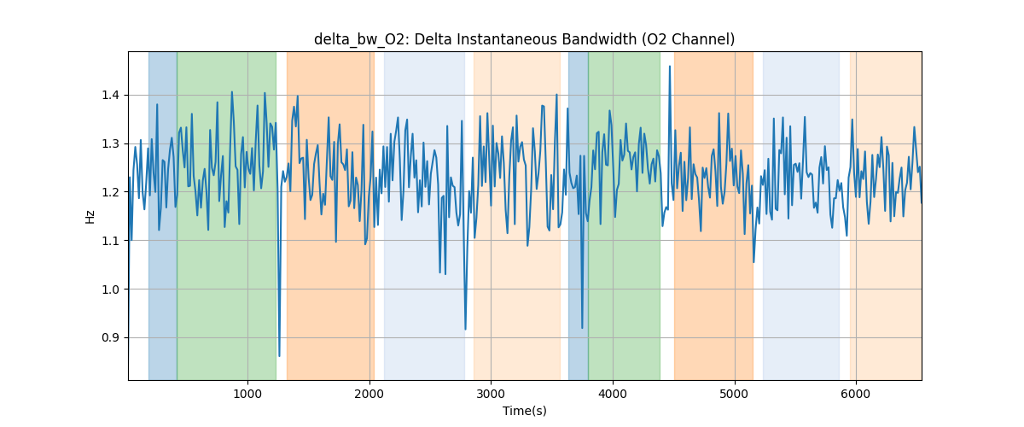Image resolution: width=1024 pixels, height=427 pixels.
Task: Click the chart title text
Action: coord(524,39)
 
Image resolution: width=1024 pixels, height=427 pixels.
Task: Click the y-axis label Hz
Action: coord(90,216)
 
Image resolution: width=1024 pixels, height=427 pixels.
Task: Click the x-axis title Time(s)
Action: coord(524,411)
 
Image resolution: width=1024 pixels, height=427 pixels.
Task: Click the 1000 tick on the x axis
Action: coord(247,393)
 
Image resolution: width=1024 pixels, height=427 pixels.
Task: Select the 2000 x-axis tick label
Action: coord(369,393)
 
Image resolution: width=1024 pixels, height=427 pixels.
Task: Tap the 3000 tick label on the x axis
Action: coord(491,393)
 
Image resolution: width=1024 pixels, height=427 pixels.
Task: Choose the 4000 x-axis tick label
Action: coord(613,393)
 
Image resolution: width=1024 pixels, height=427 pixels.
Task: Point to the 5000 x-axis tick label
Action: coord(734,393)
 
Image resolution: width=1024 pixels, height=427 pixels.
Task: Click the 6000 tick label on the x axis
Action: coord(856,393)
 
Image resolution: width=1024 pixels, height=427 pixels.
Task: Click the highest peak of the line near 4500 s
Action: coord(670,67)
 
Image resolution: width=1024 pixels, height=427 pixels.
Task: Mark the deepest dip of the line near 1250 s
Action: coord(279,355)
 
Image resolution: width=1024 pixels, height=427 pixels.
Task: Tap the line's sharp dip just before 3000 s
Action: coord(465,329)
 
